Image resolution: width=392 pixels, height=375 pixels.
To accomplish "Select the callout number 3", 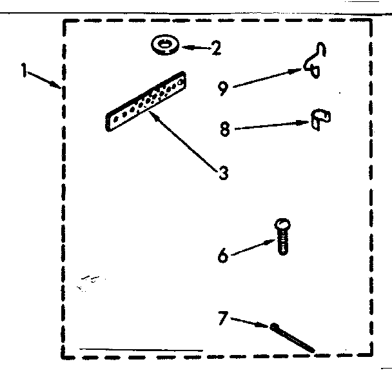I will coord(222,172).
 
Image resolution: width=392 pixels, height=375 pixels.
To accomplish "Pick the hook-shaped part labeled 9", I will coord(315,62).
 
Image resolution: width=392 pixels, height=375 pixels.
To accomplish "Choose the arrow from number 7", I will coord(249,321).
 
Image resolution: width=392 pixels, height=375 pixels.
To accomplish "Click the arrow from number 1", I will coord(45,79).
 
